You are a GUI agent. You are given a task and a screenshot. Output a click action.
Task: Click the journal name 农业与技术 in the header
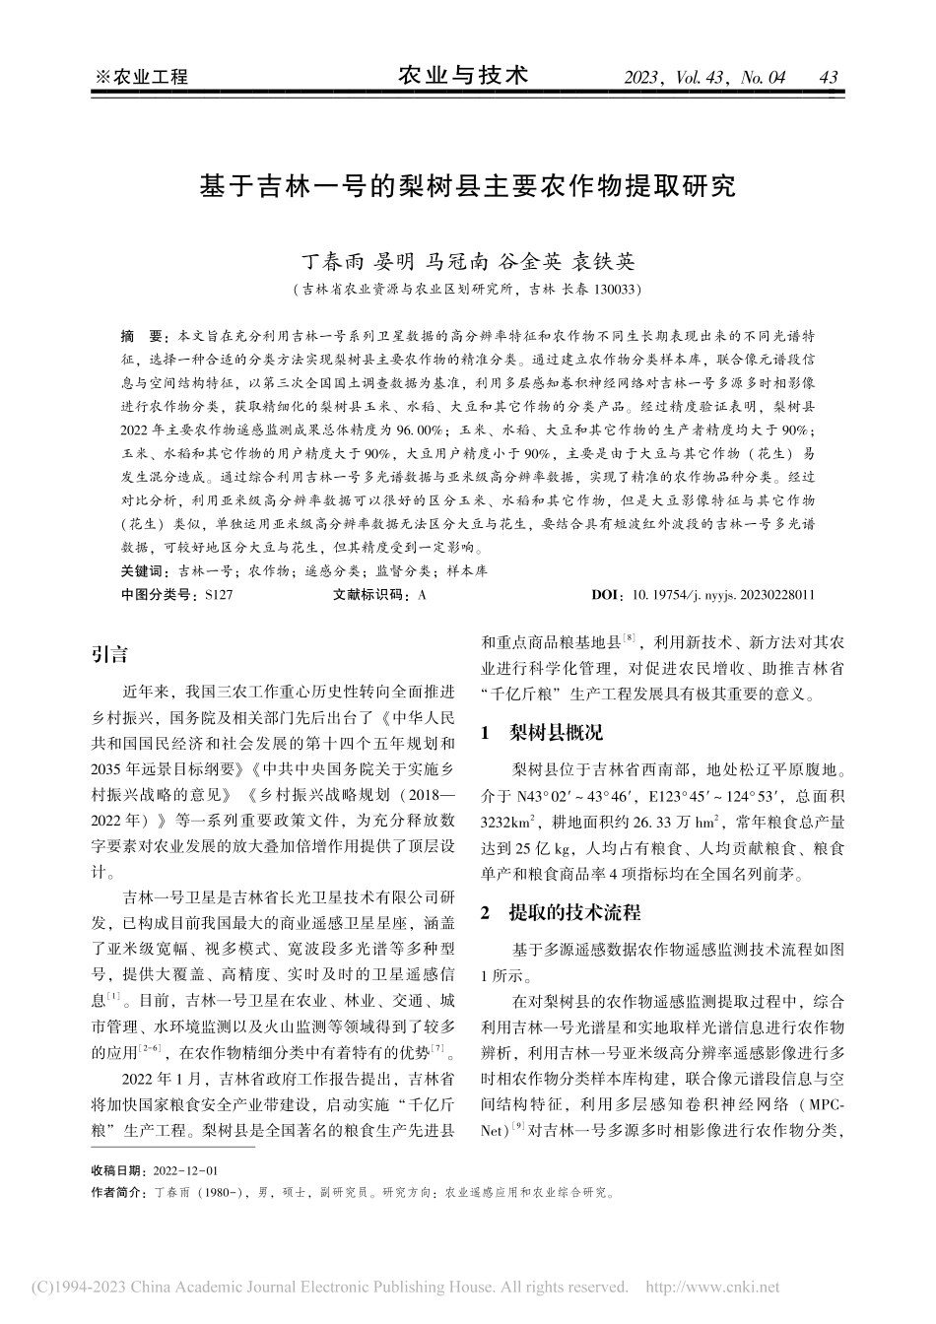click(x=463, y=75)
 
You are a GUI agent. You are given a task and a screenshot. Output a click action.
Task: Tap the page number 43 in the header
click(x=828, y=77)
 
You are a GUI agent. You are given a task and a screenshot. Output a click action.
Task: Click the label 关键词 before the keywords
click(x=144, y=570)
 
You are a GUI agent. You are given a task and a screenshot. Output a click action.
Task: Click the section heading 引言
click(x=109, y=654)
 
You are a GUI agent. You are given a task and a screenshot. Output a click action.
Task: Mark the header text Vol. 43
click(x=708, y=77)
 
